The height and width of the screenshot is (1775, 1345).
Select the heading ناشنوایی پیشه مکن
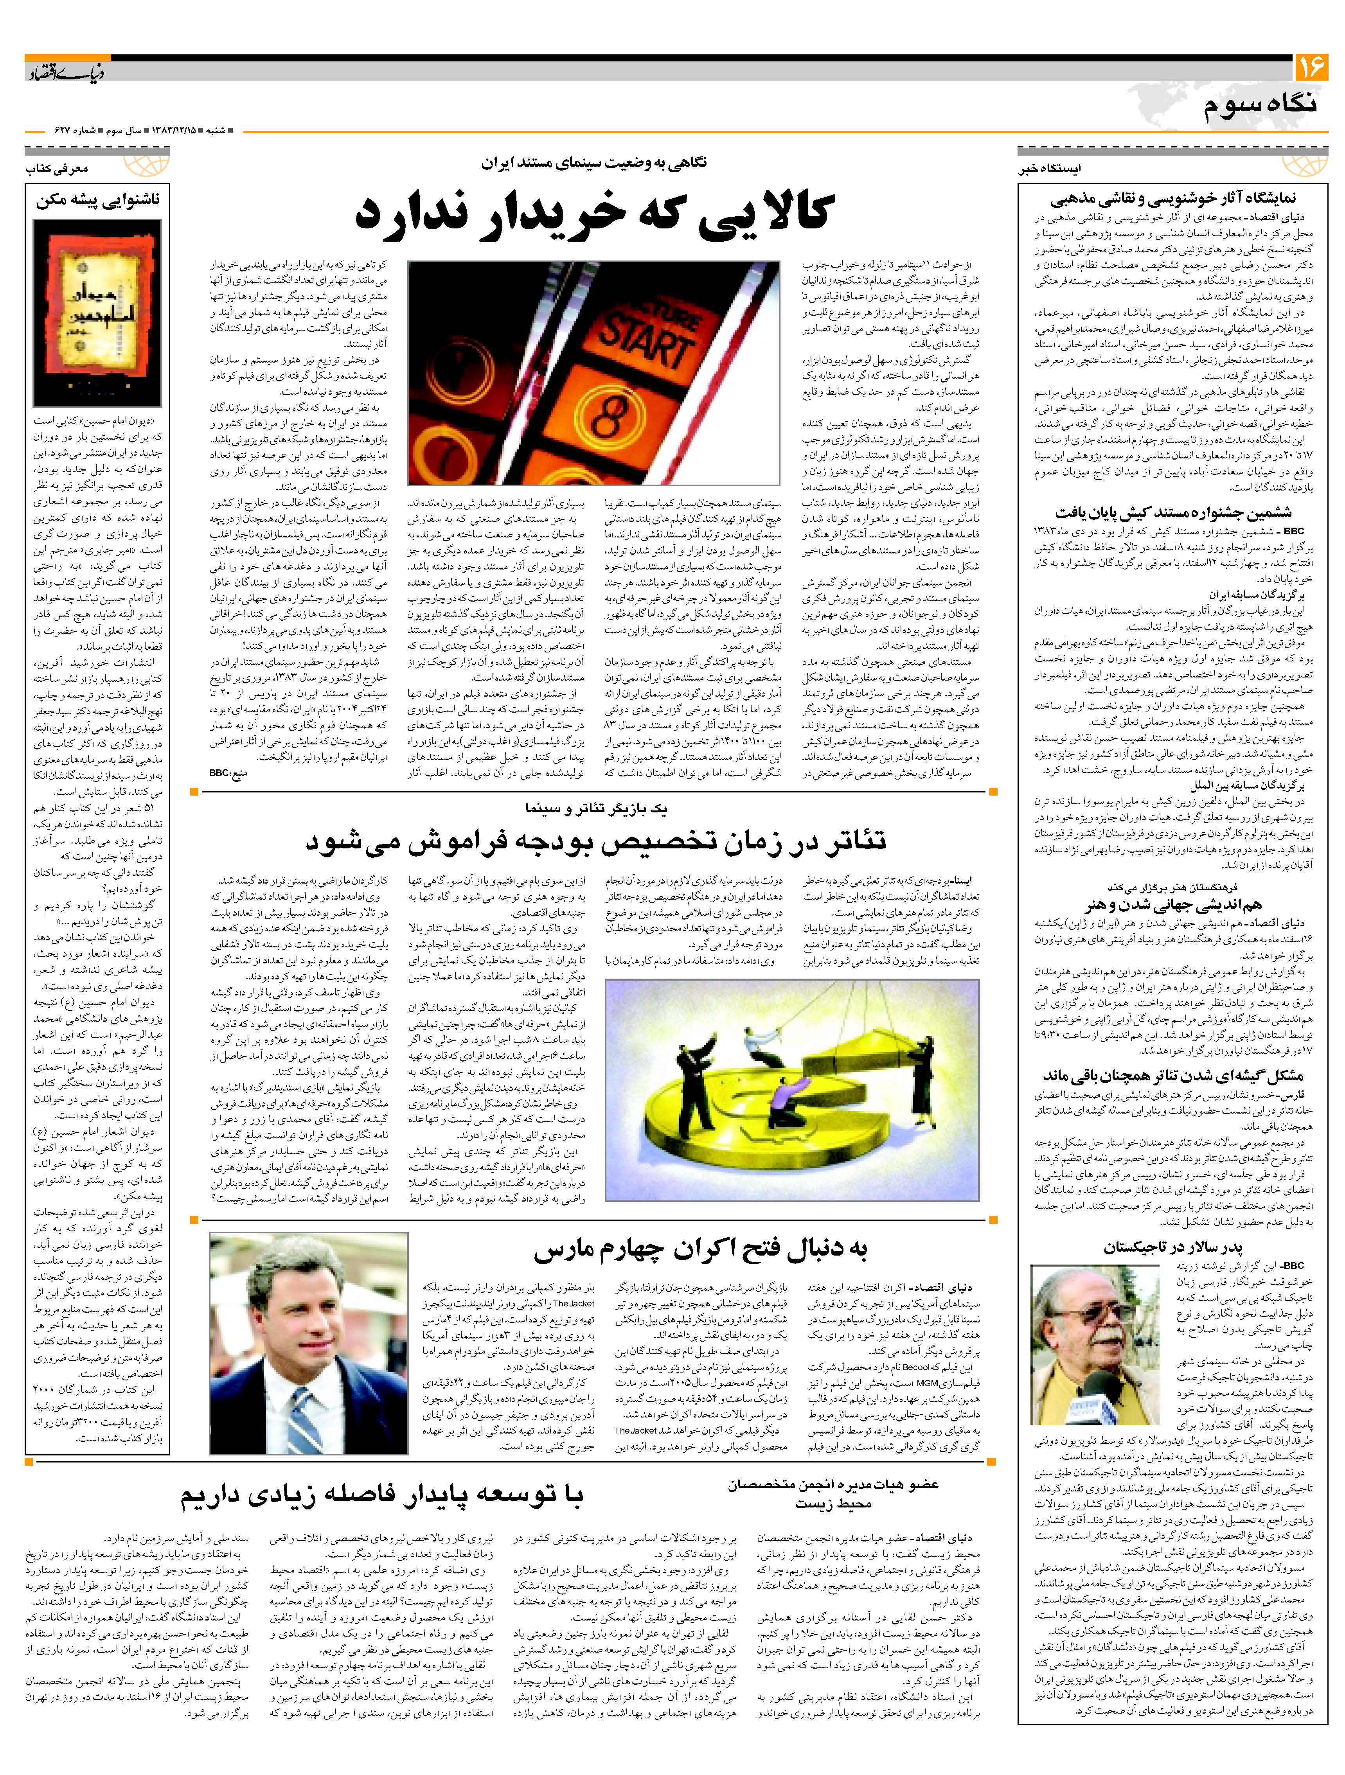98,201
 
